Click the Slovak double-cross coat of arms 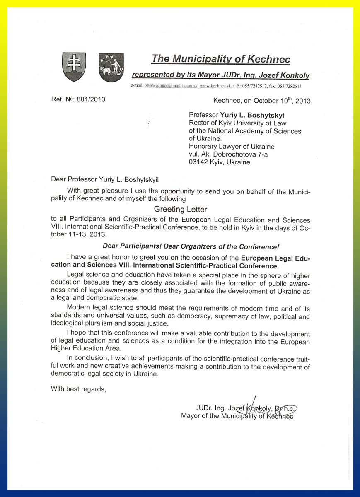pos(74,67)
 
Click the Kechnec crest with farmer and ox pos(111,67)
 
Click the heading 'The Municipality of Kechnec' pos(220,59)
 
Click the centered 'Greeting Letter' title pos(180,209)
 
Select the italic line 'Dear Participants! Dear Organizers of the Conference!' pos(191,246)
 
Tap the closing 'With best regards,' pos(78,388)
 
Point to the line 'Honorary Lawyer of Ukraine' pos(231,146)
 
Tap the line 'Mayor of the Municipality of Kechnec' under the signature pos(237,416)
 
